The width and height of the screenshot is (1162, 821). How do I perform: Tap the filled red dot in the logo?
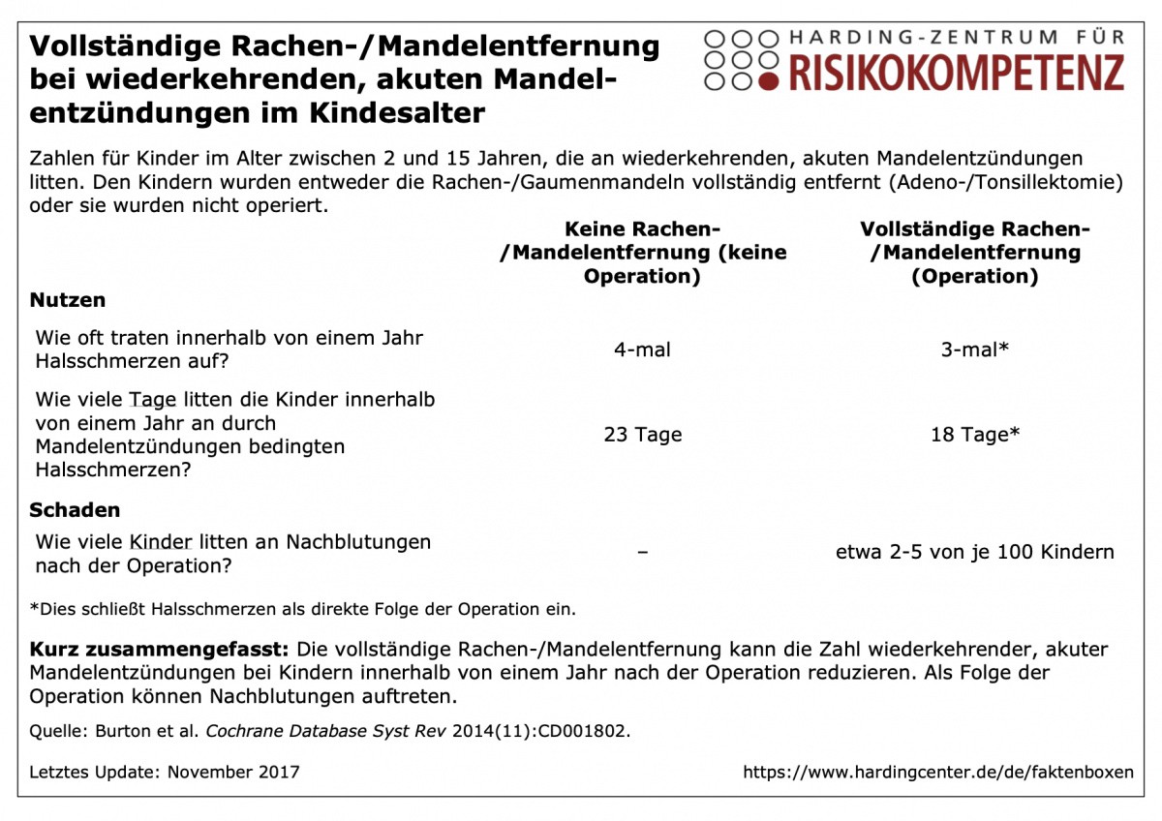(x=769, y=80)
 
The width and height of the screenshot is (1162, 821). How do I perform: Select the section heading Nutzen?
(x=68, y=300)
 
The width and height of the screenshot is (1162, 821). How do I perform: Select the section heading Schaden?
(x=75, y=510)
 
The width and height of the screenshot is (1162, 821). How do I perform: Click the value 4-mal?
(x=642, y=350)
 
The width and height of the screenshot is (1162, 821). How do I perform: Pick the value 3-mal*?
(x=975, y=350)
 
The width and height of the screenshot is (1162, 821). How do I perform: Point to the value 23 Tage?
(x=643, y=435)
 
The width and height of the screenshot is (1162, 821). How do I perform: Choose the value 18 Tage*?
(x=975, y=435)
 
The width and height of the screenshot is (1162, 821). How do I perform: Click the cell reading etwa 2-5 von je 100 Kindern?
(x=975, y=553)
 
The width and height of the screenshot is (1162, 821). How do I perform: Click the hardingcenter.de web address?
(x=937, y=773)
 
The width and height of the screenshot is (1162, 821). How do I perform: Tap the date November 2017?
(x=233, y=773)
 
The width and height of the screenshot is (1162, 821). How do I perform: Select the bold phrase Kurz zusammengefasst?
(x=160, y=650)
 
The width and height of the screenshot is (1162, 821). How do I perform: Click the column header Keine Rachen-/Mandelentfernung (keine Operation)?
(x=643, y=253)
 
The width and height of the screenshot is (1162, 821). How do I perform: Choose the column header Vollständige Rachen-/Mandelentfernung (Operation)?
(x=975, y=253)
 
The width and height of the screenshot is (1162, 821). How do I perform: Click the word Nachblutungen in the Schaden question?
(x=358, y=542)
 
